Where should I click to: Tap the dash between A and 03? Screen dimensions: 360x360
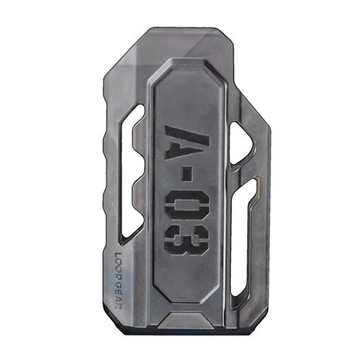pyautogui.click(x=179, y=176)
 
